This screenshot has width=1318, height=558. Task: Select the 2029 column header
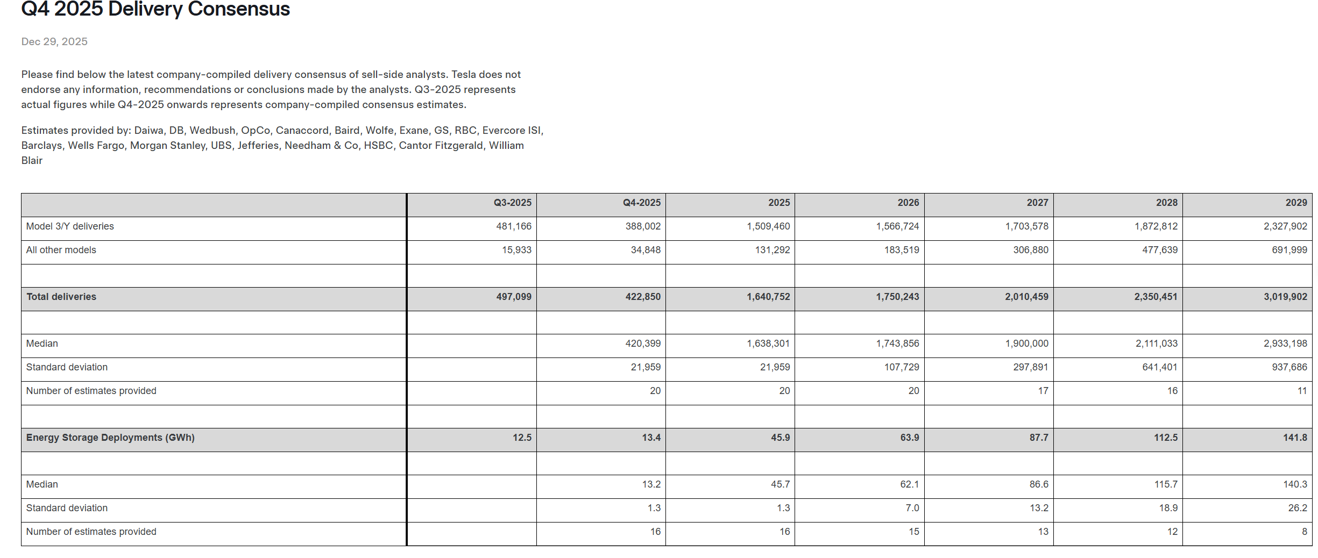1296,203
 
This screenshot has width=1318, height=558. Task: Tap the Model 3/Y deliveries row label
70,226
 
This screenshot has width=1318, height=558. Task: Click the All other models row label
61,250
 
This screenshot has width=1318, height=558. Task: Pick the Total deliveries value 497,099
513,297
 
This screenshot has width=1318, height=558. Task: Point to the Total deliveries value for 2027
1026,297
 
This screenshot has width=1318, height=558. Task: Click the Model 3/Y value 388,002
643,226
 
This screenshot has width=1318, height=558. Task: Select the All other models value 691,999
1289,250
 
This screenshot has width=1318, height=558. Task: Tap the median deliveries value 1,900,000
1026,344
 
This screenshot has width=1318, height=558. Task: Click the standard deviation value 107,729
902,367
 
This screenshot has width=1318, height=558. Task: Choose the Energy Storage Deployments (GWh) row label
110,438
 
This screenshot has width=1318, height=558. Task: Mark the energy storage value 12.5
522,438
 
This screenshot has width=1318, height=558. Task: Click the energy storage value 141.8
1295,438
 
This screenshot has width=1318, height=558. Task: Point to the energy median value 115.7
1166,484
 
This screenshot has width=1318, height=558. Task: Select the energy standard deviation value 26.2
1297,508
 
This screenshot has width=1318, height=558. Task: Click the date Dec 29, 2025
54,41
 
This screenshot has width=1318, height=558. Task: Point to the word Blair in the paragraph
32,160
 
